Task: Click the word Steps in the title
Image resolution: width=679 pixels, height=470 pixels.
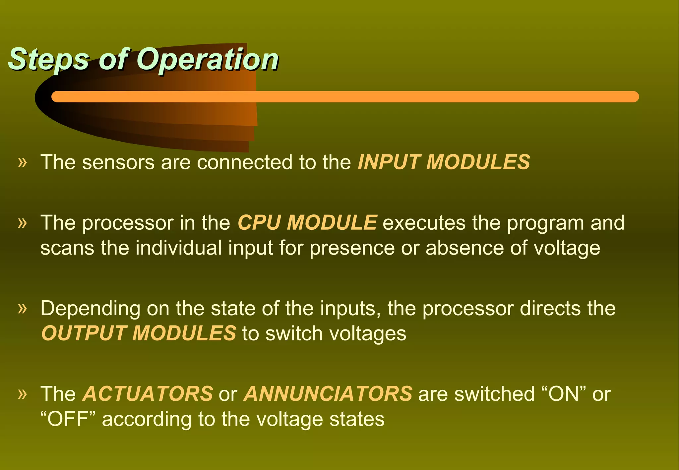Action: pyautogui.click(x=48, y=60)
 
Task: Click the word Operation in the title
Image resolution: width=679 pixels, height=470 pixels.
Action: pyautogui.click(x=208, y=60)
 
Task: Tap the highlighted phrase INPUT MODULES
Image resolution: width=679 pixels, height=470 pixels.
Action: pyautogui.click(x=444, y=162)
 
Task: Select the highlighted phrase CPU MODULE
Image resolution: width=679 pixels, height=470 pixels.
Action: pyautogui.click(x=307, y=222)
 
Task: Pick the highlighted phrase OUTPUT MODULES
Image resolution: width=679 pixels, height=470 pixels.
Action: pyautogui.click(x=139, y=333)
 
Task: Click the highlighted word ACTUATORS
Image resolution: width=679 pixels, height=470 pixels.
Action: pyautogui.click(x=148, y=394)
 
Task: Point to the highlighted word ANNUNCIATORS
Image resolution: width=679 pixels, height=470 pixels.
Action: pyautogui.click(x=328, y=394)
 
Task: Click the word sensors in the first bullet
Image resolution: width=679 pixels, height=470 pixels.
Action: pyautogui.click(x=118, y=162)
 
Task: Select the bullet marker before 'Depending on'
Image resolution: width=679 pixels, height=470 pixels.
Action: pyautogui.click(x=22, y=309)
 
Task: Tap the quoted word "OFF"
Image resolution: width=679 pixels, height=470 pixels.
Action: pyautogui.click(x=68, y=419)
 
